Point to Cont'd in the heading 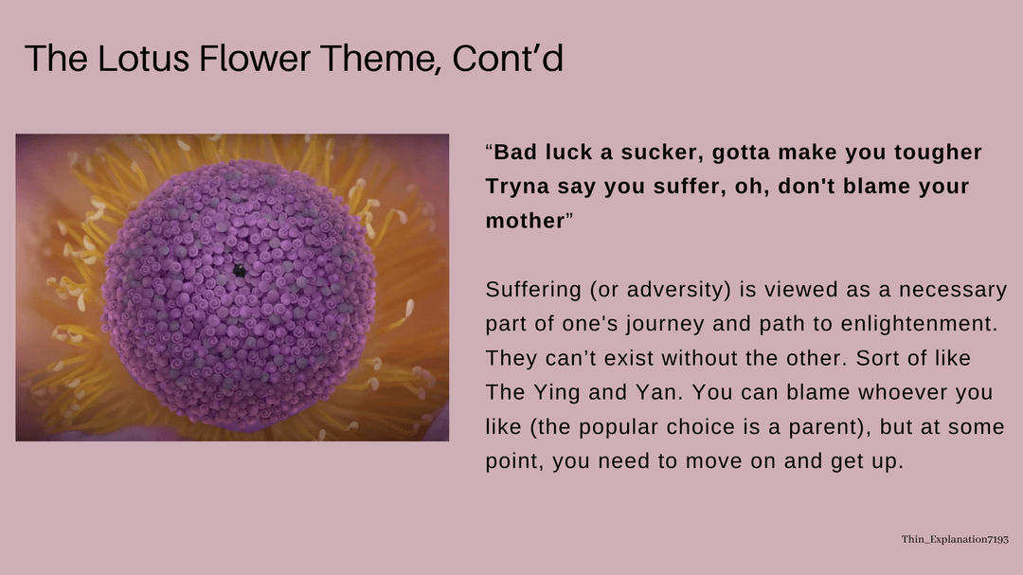coord(508,58)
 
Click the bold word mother coord(525,221)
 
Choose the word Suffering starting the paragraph coord(533,290)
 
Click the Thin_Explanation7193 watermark coord(955,539)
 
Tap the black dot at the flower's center coord(240,270)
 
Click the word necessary coord(953,290)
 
